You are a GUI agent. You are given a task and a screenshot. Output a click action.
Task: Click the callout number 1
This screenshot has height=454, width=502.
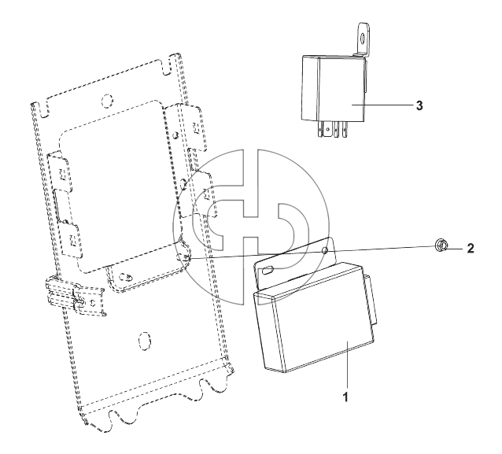tap(345, 397)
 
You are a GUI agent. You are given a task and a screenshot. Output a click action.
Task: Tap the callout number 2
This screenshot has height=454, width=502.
tap(470, 249)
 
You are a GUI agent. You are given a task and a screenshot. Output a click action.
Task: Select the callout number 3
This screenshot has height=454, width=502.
tap(419, 105)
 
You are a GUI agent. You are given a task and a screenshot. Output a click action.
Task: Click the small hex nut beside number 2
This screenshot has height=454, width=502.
tap(441, 246)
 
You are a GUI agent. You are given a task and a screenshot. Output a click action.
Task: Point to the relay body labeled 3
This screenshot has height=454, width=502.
tap(334, 89)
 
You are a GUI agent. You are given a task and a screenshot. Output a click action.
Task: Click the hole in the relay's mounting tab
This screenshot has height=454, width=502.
tap(363, 39)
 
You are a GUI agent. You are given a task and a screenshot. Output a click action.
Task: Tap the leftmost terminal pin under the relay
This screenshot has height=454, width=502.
tap(320, 131)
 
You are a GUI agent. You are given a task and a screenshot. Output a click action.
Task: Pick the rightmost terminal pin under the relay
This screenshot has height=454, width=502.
tap(345, 131)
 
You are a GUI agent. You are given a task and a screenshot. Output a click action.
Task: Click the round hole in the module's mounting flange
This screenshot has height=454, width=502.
tap(325, 250)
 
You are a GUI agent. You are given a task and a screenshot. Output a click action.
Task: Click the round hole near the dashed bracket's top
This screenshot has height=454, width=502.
tap(107, 101)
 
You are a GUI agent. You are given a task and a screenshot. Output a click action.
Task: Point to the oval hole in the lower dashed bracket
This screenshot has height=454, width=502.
tap(144, 341)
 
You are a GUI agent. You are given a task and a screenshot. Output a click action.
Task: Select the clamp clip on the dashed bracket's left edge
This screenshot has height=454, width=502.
tap(76, 296)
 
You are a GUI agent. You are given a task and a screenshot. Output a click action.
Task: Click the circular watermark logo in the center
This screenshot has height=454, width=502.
tap(251, 227)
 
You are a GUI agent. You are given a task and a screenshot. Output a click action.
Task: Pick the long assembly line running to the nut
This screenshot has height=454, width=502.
tap(312, 252)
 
